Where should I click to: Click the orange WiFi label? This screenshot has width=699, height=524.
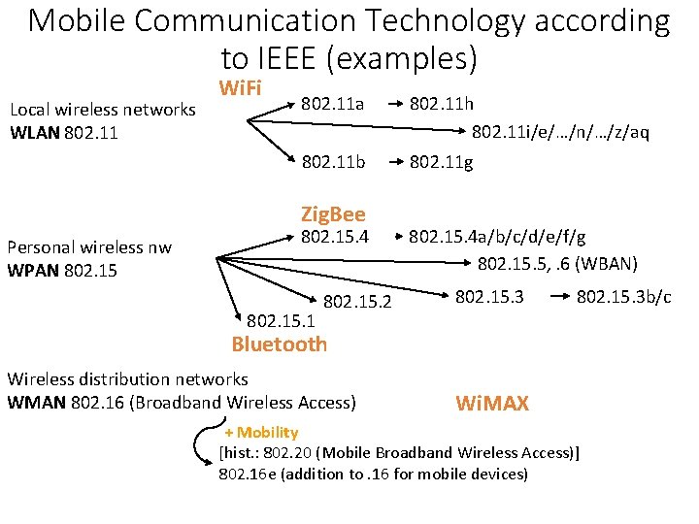[240, 88]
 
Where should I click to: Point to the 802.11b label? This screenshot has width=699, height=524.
[333, 162]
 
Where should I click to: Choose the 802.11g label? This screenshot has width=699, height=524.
[442, 162]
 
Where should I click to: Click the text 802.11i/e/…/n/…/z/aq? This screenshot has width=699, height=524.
[560, 131]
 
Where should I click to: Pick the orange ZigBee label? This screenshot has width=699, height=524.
[333, 213]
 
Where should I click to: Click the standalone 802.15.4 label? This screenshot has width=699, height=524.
[336, 236]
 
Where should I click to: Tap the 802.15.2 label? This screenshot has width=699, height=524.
[356, 303]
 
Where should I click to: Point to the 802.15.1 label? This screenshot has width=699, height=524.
[282, 320]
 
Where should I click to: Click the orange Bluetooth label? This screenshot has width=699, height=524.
[280, 344]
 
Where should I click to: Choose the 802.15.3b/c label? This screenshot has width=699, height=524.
[623, 296]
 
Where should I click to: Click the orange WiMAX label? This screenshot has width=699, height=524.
[492, 403]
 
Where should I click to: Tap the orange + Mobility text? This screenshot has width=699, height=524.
[261, 432]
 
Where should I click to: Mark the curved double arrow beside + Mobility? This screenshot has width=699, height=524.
[205, 446]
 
